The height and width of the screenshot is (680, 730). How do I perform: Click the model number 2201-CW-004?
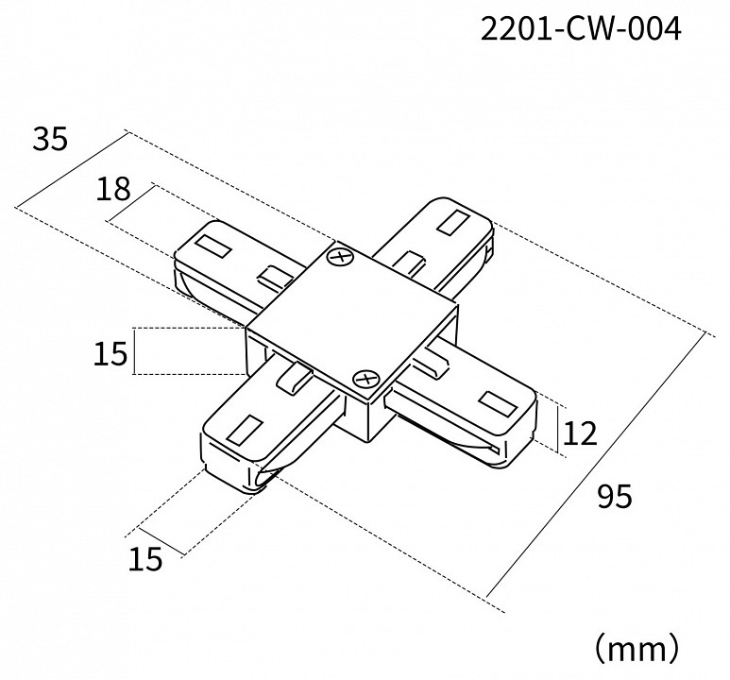pyautogui.click(x=580, y=30)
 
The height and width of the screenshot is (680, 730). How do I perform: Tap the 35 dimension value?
pyautogui.click(x=51, y=140)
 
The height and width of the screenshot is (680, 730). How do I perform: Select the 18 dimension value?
pyautogui.click(x=112, y=190)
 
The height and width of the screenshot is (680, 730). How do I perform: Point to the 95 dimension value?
pyautogui.click(x=614, y=495)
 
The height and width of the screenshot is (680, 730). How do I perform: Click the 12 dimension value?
pyautogui.click(x=581, y=433)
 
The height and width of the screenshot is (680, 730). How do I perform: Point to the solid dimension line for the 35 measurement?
pyautogui.click(x=72, y=171)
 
